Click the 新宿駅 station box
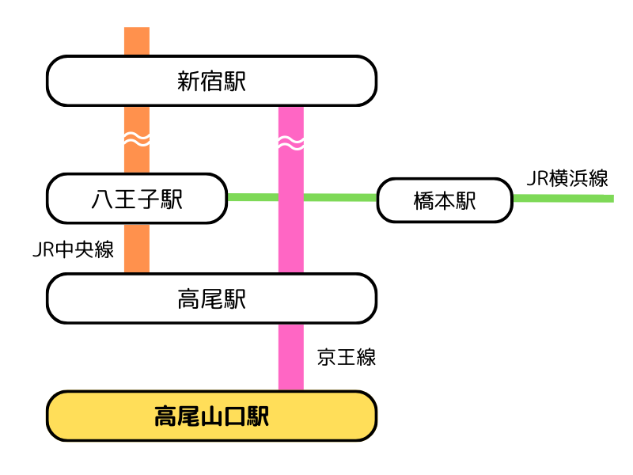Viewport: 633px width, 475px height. tap(211, 81)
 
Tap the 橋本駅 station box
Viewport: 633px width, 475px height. tap(445, 200)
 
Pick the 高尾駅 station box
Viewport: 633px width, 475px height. tap(211, 298)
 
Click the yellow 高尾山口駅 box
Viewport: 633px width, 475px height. tap(211, 416)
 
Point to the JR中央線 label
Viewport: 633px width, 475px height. tap(73, 250)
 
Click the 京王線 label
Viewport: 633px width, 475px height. tap(346, 357)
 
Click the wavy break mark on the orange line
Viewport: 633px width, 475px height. tap(137, 140)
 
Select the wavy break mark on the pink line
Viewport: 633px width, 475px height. tap(291, 143)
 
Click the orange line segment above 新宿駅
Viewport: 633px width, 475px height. tap(137, 41)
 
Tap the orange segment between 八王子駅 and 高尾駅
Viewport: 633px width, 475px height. tap(137, 249)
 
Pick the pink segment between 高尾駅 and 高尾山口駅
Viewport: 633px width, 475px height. tap(291, 357)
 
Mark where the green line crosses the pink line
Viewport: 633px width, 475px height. tap(291, 196)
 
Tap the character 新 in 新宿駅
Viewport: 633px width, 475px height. tap(188, 81)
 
